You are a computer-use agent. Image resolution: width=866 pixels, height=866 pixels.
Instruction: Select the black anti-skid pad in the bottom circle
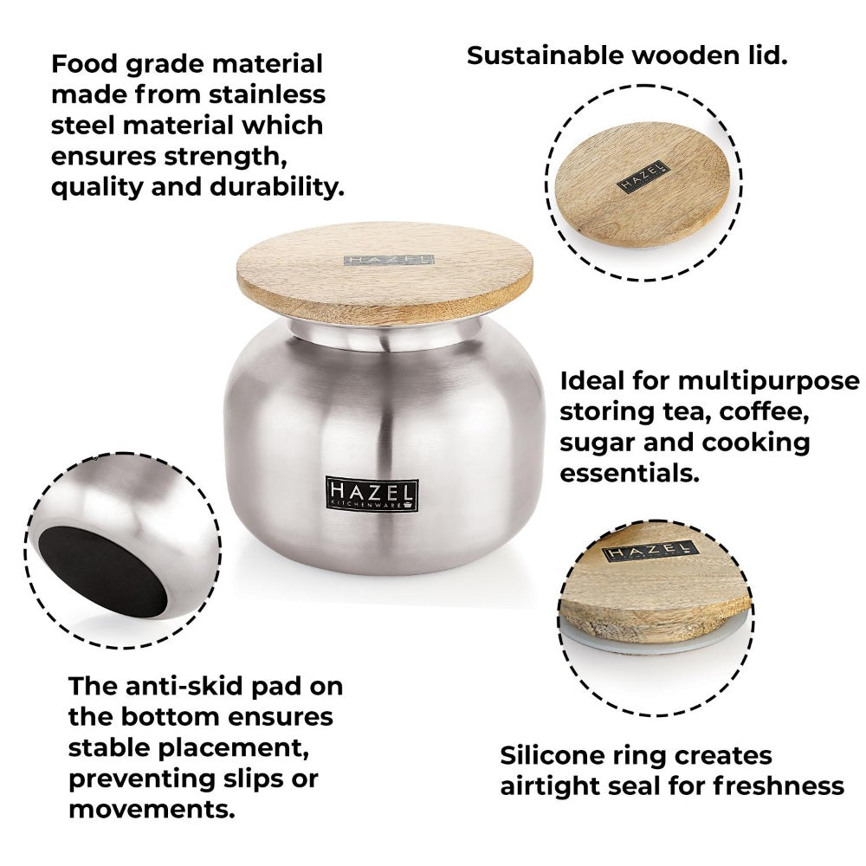pyautogui.click(x=104, y=572)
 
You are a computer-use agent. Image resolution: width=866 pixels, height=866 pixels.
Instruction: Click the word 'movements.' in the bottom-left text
pyautogui.click(x=151, y=810)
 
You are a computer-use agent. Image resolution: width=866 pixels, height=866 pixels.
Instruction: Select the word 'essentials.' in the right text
pyautogui.click(x=629, y=473)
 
